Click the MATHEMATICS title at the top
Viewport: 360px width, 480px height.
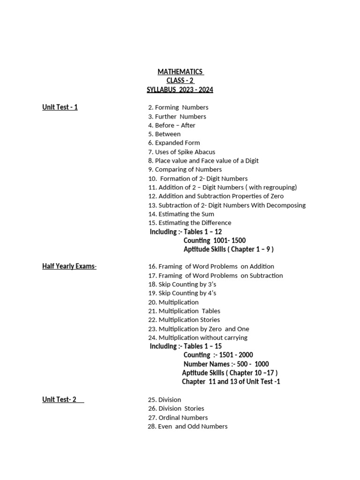[180, 72]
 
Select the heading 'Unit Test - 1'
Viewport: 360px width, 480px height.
[60, 107]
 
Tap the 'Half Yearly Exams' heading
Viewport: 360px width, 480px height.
[69, 267]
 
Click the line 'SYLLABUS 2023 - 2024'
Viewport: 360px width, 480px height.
[180, 90]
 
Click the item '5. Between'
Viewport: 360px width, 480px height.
[164, 134]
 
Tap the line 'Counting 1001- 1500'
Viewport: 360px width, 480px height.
[214, 240]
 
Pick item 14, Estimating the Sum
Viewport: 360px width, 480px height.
[181, 214]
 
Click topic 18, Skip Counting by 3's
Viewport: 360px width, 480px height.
[182, 285]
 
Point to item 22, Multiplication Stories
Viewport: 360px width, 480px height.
[184, 320]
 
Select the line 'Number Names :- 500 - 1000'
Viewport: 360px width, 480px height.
[226, 364]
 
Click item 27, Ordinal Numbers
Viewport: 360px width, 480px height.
[178, 418]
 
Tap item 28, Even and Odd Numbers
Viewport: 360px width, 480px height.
[187, 427]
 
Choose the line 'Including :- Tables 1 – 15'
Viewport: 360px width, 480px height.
[186, 346]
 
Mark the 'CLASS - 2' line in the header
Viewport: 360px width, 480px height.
[180, 81]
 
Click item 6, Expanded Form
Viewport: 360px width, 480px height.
[174, 143]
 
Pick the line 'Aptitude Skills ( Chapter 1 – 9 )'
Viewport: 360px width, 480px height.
[228, 249]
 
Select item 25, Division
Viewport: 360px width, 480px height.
[164, 400]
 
